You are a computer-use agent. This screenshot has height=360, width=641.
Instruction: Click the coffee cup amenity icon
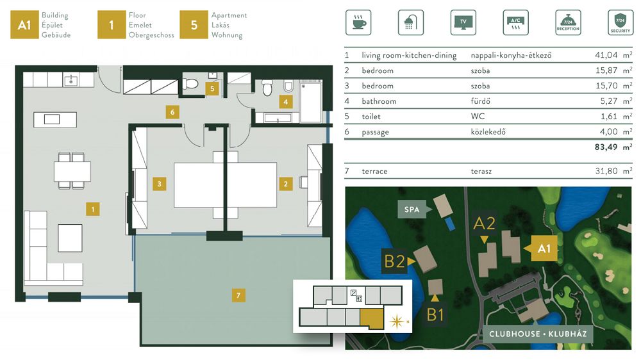[358, 22]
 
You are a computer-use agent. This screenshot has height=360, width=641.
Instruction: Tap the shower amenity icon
[410, 22]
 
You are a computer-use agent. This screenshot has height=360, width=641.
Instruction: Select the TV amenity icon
[463, 22]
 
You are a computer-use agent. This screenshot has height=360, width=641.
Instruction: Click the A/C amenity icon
[515, 22]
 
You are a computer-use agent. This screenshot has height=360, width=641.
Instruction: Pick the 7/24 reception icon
[568, 22]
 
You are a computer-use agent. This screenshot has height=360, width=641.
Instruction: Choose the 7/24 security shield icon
[620, 22]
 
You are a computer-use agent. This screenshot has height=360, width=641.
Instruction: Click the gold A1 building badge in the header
[24, 25]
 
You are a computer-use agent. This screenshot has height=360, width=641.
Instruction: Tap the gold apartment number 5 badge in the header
[194, 25]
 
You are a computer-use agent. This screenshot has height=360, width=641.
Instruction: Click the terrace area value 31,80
[606, 171]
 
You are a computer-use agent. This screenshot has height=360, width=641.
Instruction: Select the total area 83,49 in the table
[606, 147]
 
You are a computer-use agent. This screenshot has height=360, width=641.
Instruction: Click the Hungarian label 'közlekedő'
[488, 131]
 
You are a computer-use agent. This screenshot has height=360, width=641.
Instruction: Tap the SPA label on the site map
[412, 209]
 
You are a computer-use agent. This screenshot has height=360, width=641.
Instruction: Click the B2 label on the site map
[394, 261]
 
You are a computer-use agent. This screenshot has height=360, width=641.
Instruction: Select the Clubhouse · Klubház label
[538, 334]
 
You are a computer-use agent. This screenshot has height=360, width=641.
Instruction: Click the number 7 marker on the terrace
[238, 295]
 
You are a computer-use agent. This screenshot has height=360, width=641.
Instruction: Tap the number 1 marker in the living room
[93, 209]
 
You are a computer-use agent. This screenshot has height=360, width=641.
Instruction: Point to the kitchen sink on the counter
[71, 80]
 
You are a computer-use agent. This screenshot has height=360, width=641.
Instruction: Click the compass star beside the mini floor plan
[397, 322]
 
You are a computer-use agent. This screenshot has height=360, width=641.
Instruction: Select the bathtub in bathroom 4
[311, 102]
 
